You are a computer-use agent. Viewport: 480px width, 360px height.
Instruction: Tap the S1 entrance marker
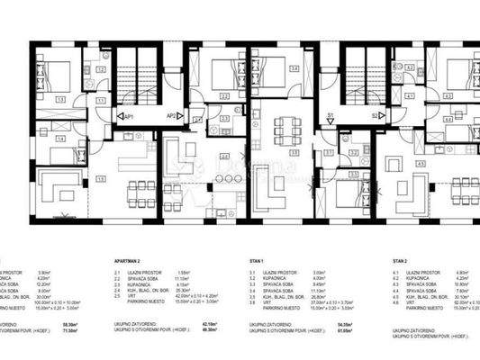(331, 115)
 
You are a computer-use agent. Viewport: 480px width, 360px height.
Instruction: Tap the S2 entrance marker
(372, 115)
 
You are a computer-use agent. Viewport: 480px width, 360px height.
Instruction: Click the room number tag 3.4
(293, 67)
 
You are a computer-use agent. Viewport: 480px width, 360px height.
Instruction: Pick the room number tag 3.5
(294, 152)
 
